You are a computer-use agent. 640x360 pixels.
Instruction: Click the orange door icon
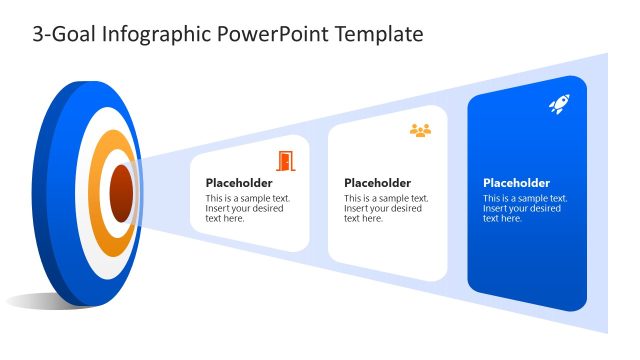[x=286, y=160]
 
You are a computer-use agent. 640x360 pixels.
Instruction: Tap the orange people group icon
[x=420, y=130]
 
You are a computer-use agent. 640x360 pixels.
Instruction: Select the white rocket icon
[x=559, y=104]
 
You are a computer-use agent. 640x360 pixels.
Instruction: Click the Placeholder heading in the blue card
[x=516, y=183]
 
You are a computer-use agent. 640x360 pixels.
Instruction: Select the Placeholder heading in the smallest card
[x=239, y=183]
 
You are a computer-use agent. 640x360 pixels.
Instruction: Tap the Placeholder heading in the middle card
[x=377, y=183]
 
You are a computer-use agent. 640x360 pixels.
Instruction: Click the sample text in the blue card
[x=524, y=208]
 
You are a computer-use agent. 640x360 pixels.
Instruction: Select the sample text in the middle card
[x=385, y=208]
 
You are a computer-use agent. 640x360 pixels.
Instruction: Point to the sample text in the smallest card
[x=247, y=208]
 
